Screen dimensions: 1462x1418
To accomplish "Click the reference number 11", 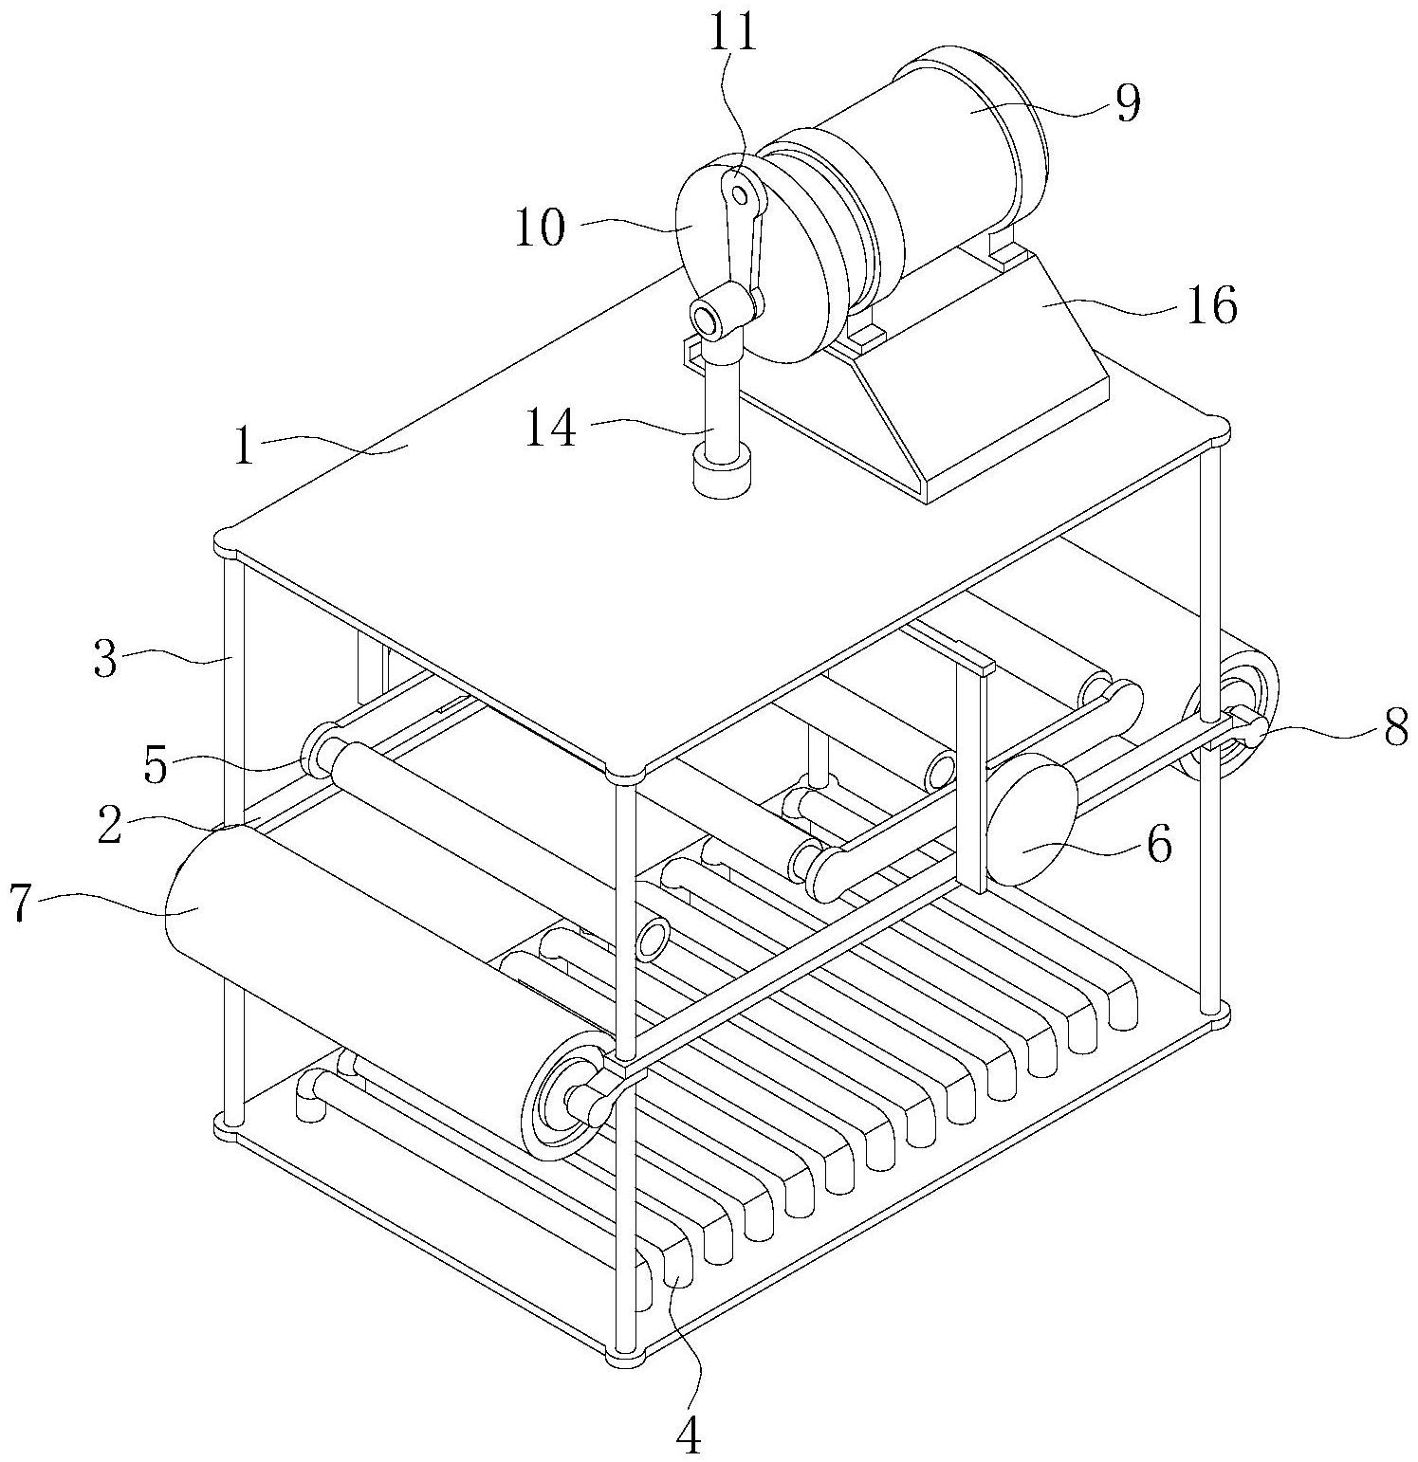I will tap(735, 34).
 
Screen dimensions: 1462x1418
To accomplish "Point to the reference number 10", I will tap(540, 228).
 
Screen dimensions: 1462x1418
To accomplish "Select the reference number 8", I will tap(1391, 729).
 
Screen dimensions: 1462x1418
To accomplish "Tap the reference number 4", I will tap(690, 1437).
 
